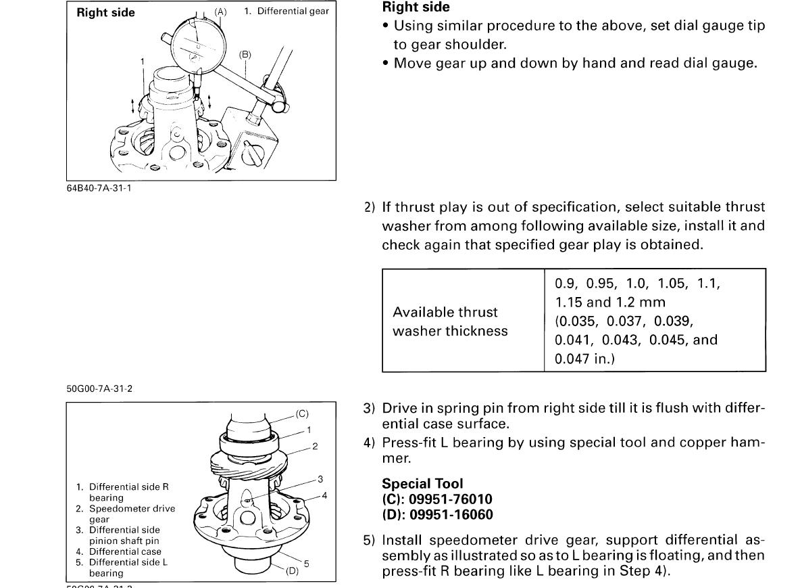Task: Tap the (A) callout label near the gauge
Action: tap(221, 12)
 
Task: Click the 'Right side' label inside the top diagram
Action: tap(105, 13)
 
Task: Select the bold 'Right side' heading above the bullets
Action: tap(416, 8)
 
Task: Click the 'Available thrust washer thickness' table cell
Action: tap(450, 321)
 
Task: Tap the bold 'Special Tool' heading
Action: tap(423, 483)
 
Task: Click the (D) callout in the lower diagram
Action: tap(292, 570)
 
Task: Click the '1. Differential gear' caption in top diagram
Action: tap(286, 12)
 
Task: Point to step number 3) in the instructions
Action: tap(369, 408)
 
